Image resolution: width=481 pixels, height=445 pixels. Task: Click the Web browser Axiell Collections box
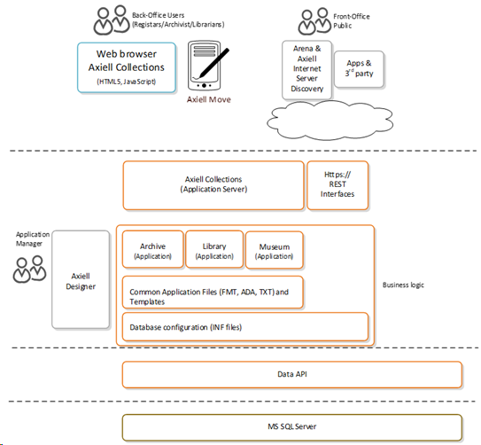click(127, 67)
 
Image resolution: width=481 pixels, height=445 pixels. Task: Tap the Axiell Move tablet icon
click(206, 66)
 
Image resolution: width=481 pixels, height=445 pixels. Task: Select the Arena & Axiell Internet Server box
click(306, 70)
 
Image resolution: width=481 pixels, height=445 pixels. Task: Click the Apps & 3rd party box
click(359, 69)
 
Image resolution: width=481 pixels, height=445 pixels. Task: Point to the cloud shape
click(330, 121)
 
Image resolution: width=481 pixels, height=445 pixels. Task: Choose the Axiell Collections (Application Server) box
click(213, 185)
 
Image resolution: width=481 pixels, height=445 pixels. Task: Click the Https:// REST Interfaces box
click(337, 185)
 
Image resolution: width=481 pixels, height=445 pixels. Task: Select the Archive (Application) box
click(152, 249)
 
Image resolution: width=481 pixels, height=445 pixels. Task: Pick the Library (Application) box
click(214, 249)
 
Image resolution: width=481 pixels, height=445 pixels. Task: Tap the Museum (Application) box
click(275, 250)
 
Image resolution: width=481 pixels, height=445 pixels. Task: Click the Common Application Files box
click(213, 293)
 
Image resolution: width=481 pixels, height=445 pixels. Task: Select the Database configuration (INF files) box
click(245, 327)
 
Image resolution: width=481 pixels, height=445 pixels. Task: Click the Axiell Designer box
click(81, 279)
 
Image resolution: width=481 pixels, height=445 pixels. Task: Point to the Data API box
click(292, 375)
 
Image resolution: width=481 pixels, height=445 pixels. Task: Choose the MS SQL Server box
click(292, 427)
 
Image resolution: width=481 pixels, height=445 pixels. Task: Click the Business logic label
click(403, 285)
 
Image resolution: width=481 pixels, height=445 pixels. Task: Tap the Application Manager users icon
click(29, 269)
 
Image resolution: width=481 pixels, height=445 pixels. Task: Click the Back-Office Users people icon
click(112, 20)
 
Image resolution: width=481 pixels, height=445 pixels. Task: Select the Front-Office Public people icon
click(314, 21)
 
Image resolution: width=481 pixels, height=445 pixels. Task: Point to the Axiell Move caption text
click(209, 99)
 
